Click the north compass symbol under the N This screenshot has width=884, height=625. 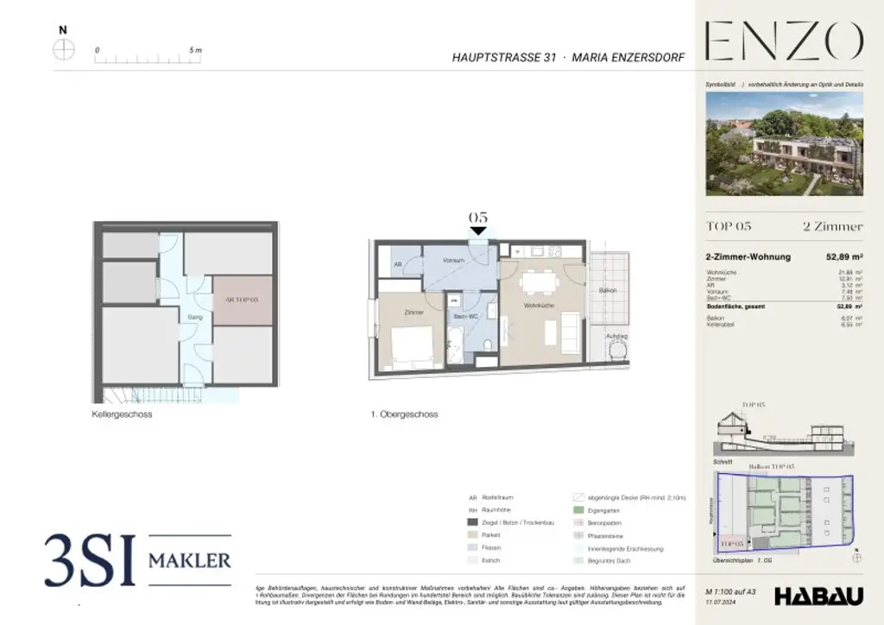[64, 49]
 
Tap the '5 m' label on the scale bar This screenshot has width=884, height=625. [195, 50]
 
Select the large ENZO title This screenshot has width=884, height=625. [784, 41]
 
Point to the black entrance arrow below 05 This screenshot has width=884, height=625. [478, 230]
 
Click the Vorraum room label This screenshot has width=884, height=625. [454, 260]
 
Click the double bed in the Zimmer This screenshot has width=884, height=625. [411, 344]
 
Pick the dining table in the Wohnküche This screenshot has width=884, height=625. [540, 281]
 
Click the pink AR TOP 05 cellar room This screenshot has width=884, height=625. [243, 300]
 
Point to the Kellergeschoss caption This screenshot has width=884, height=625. [123, 414]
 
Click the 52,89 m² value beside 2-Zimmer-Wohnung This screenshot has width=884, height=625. [844, 256]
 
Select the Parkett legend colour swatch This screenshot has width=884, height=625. [472, 534]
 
